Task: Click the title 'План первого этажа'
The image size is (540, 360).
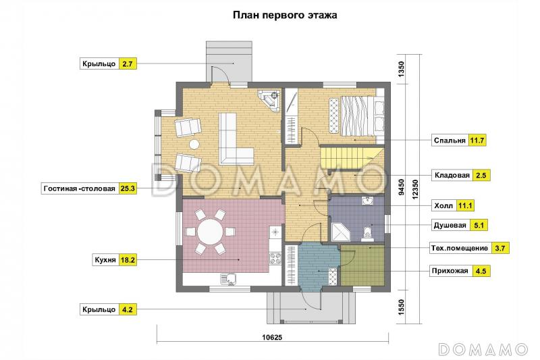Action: click(285, 14)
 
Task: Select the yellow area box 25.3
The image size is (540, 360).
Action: click(128, 188)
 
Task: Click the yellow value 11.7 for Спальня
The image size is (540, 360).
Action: click(478, 140)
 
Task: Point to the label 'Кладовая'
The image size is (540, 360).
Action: click(452, 175)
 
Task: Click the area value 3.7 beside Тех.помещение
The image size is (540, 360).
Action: click(500, 248)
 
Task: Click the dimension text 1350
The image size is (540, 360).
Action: click(401, 70)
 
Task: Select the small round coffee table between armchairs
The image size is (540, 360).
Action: click(194, 145)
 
